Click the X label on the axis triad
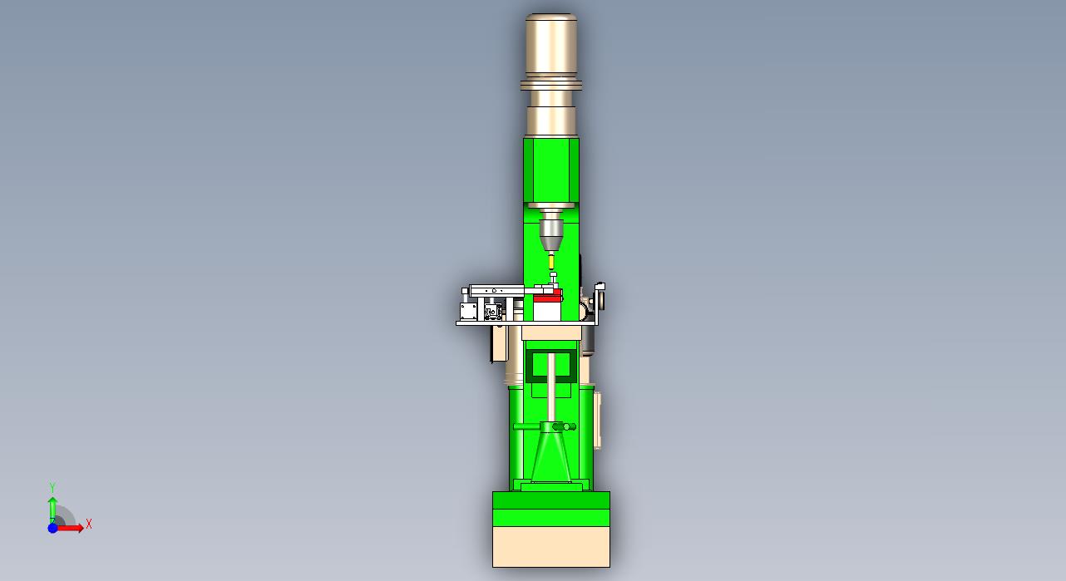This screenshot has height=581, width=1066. point(88,524)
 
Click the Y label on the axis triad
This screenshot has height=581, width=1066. point(52,487)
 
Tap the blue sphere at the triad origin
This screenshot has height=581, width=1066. point(53,528)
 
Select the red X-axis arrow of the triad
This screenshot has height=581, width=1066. point(70,527)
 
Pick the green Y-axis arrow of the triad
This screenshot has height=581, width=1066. point(52,510)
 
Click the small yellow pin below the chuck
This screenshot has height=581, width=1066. point(551,261)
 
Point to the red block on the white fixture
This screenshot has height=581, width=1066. point(548,298)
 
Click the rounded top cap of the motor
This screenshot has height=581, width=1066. point(551,18)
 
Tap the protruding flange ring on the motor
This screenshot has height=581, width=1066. point(551,85)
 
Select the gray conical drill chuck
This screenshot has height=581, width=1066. point(551,234)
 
